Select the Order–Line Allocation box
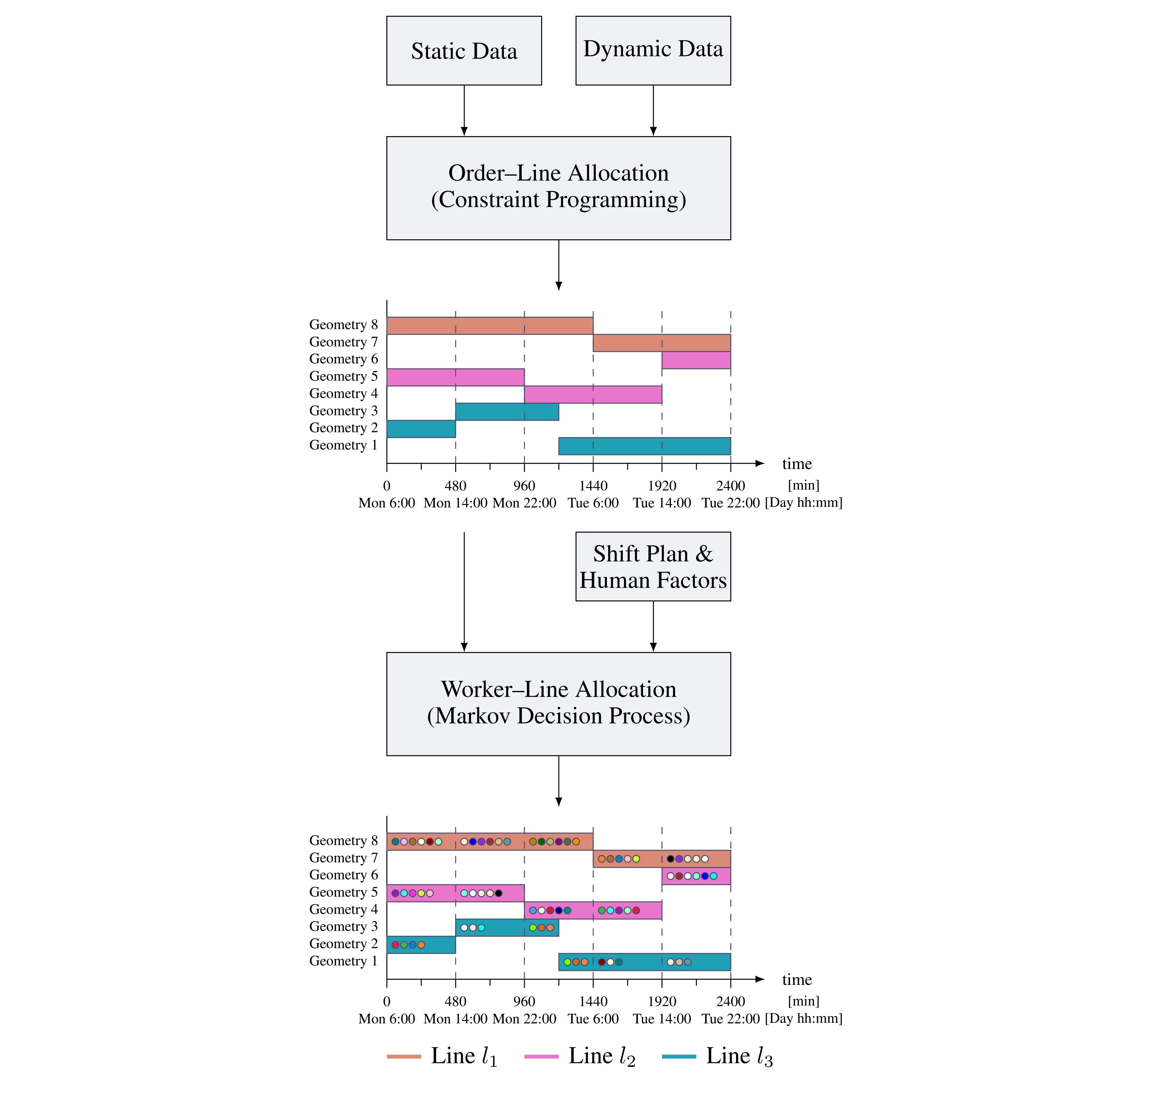coord(558,188)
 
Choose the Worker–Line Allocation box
coord(558,703)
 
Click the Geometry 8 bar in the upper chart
coord(490,325)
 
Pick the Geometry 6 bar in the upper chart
coord(696,360)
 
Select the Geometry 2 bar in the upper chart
coord(421,428)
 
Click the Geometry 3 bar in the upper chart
coord(507,412)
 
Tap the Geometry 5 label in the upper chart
coord(344,376)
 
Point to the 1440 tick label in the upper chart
coord(593,486)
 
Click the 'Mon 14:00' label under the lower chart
coord(456,1019)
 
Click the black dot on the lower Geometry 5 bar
coord(498,893)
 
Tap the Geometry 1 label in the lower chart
coord(344,961)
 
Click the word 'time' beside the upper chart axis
coord(797,464)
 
